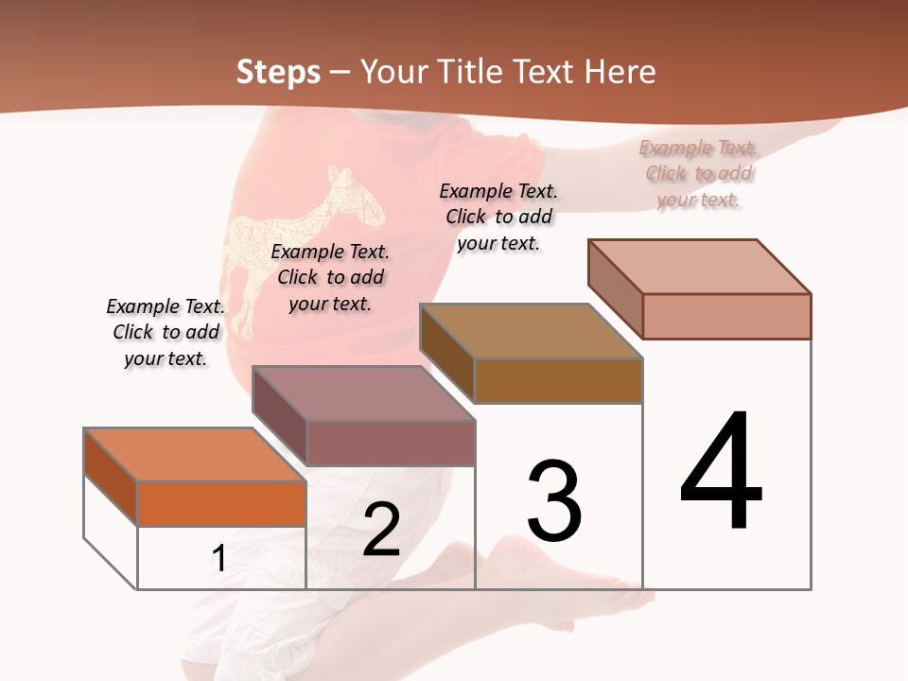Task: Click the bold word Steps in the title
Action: click(x=278, y=72)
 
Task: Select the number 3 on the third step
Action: click(x=554, y=500)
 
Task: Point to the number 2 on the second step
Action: click(x=381, y=530)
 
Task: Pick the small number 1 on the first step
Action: click(x=218, y=558)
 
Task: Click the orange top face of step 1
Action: click(x=196, y=455)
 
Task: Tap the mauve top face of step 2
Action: click(x=364, y=393)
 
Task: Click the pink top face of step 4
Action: click(x=700, y=267)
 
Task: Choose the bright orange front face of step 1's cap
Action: click(x=221, y=503)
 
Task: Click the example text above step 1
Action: click(x=166, y=332)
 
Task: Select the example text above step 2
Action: click(x=330, y=277)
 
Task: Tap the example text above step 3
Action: click(x=498, y=217)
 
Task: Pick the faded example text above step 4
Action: click(x=698, y=173)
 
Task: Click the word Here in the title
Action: click(x=620, y=72)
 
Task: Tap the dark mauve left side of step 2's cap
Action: click(x=279, y=415)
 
